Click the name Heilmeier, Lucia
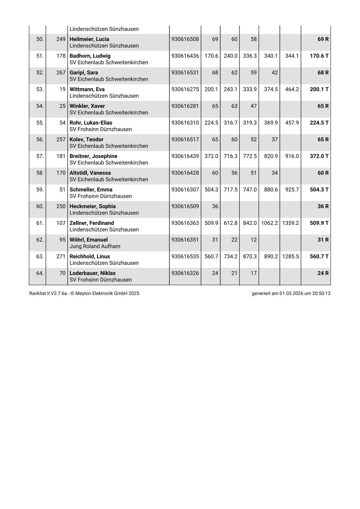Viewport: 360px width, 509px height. click(89, 39)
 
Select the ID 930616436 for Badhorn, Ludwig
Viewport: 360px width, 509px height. click(185, 56)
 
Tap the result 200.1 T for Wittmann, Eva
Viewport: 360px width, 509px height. click(319, 89)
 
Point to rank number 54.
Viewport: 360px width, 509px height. click(40, 106)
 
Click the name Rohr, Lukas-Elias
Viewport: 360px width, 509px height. click(91, 123)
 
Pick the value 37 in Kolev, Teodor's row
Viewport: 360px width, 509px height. click(275, 139)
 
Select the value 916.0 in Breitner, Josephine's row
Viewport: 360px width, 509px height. click(292, 156)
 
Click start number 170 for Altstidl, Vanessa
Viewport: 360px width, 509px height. click(61, 173)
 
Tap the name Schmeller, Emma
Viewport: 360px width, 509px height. click(91, 189)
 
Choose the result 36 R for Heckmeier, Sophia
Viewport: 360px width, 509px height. click(323, 206)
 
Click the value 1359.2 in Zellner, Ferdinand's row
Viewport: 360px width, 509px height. click(290, 223)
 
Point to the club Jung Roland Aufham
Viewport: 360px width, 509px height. click(95, 246)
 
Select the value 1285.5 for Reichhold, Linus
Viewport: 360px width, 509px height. click(290, 256)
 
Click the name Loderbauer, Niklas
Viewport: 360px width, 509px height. click(92, 273)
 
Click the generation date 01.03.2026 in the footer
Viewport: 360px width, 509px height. click(291, 293)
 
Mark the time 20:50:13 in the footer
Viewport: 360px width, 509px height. click(321, 293)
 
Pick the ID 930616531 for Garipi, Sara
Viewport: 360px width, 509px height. click(185, 73)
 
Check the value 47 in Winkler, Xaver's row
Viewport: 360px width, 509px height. click(253, 106)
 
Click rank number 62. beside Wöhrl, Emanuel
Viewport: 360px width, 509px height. click(40, 240)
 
